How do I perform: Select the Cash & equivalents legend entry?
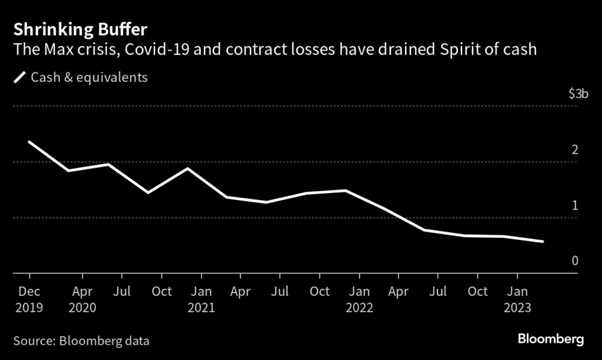89,78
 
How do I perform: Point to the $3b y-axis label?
577,94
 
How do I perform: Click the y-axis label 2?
575,149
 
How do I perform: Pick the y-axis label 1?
575,205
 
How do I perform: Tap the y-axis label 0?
575,261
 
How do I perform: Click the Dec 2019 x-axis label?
29,299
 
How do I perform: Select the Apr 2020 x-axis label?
82,299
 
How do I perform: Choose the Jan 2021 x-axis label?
202,299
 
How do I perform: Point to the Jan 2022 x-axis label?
359,299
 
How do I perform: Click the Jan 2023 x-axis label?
517,299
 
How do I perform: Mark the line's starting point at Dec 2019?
29,142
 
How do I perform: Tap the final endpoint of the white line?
542,241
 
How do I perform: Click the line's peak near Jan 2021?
188,169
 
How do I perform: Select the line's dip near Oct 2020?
148,192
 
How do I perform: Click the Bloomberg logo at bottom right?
551,339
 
